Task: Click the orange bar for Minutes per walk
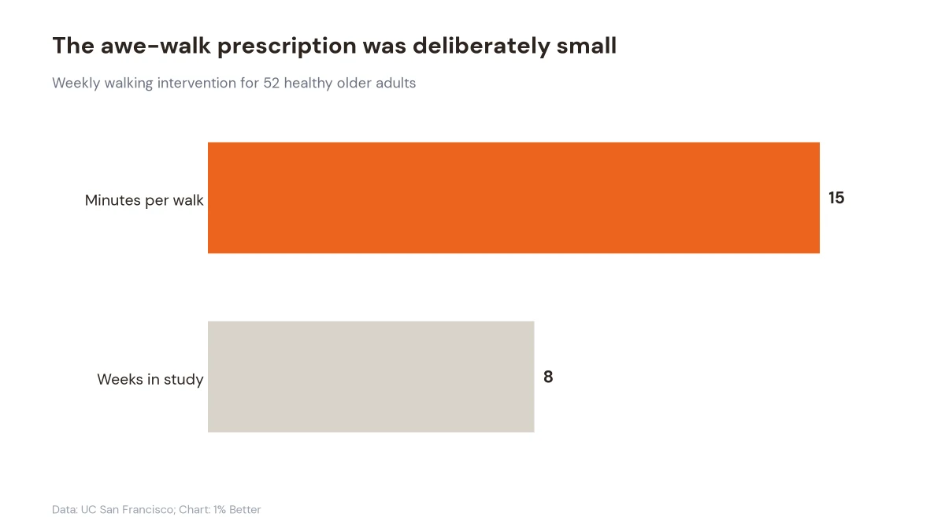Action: pos(513,198)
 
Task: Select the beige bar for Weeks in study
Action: pos(371,377)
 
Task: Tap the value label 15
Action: pos(836,198)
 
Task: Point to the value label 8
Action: pos(548,377)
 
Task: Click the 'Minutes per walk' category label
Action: pos(144,200)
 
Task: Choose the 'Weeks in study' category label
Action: pos(150,380)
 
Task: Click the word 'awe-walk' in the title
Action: pos(155,46)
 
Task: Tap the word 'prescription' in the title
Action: pos(287,47)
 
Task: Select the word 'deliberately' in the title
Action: pos(481,47)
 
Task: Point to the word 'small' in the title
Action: pos(587,46)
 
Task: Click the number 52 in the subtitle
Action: pos(271,84)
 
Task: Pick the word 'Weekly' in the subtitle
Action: pos(76,84)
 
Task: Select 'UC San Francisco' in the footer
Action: pos(127,510)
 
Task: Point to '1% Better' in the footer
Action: pos(237,510)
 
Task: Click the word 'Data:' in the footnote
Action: pos(65,510)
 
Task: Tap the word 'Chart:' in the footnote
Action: pos(195,510)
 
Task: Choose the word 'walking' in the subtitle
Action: pos(128,84)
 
